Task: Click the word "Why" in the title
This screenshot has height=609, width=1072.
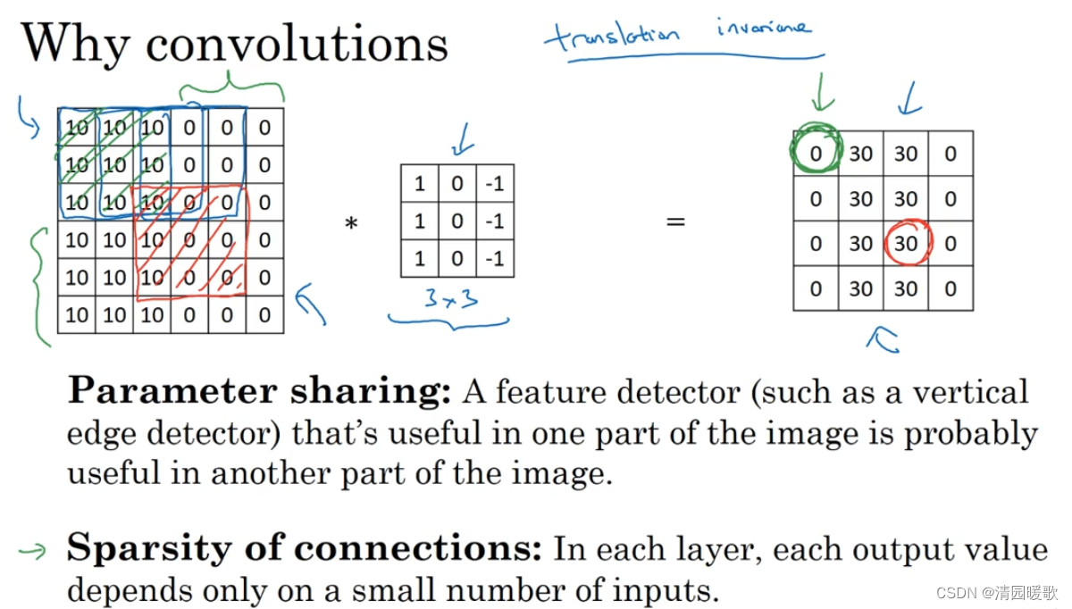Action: tap(75, 43)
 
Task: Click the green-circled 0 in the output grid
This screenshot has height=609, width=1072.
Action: tap(816, 154)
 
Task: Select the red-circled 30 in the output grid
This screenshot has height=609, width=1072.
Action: tap(906, 243)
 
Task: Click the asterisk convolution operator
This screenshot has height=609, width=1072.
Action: tap(351, 224)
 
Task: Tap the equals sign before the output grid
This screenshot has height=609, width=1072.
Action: tap(675, 221)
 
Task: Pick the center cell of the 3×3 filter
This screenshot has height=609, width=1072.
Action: tap(457, 221)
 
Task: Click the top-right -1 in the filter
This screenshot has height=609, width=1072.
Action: tap(494, 185)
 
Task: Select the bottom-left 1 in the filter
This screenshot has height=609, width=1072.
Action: tap(420, 259)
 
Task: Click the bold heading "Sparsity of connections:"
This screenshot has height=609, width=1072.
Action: tap(305, 548)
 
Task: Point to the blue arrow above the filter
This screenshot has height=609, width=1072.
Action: tap(462, 144)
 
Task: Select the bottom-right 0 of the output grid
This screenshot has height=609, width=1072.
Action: tap(951, 288)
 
